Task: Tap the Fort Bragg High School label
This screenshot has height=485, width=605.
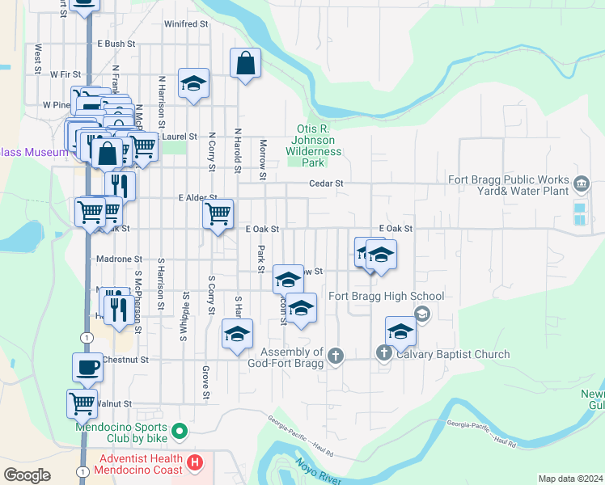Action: [374, 297]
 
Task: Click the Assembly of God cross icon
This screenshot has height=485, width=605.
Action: [335, 354]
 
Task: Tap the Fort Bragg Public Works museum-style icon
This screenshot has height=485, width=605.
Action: [582, 184]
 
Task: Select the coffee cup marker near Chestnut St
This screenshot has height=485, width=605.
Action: [88, 368]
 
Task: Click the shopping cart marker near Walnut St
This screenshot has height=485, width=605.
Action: [82, 403]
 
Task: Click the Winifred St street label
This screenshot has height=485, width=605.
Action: [181, 24]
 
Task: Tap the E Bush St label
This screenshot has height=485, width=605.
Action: [115, 44]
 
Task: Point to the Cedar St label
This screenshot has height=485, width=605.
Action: [327, 183]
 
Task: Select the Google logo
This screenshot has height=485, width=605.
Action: [27, 475]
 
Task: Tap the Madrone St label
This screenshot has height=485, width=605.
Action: [119, 259]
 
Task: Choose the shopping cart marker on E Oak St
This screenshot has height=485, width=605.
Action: [218, 214]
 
